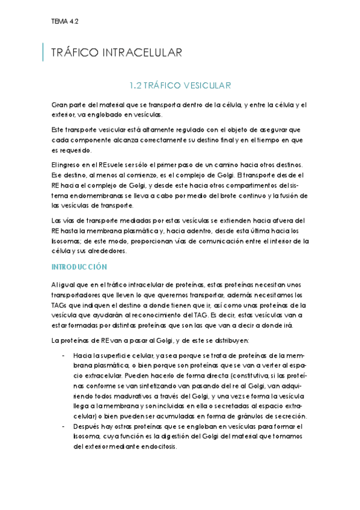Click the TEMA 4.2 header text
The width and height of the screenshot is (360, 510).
pos(65,20)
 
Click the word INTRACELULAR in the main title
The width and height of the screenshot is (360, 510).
pos(145,53)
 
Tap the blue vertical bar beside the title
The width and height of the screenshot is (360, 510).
pos(43,52)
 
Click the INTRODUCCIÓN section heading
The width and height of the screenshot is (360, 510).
pos(79,266)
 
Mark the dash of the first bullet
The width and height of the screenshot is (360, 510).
pos(64,355)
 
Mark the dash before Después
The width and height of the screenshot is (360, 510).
pos(64,426)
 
